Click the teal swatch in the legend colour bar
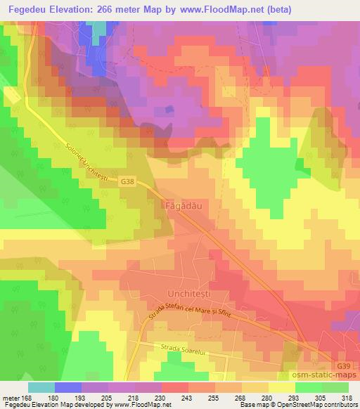pyautogui.click(x=41, y=387)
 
